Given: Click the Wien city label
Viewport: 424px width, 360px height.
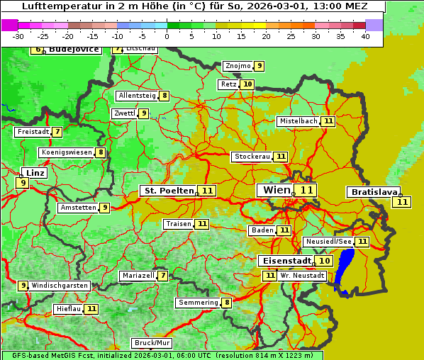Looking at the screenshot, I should pyautogui.click(x=277, y=190).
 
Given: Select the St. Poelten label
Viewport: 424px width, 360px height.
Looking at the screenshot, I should pyautogui.click(x=168, y=191).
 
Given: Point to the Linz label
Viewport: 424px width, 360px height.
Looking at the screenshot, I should pyautogui.click(x=34, y=173).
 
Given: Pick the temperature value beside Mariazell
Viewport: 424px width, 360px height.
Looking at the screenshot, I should pyautogui.click(x=163, y=276).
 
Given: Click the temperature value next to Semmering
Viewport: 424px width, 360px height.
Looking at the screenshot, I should pyautogui.click(x=227, y=303).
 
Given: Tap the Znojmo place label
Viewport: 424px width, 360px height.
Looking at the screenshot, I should pyautogui.click(x=238, y=66).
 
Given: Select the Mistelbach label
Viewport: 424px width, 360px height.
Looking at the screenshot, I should pyautogui.click(x=298, y=121).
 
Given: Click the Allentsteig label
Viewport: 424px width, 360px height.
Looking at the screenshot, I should pyautogui.click(x=137, y=96).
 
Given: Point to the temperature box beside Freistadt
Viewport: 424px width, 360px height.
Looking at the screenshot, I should pyautogui.click(x=57, y=132).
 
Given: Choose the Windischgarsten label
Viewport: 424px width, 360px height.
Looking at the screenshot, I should pyautogui.click(x=60, y=286).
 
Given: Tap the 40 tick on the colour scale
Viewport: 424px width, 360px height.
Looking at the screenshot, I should pyautogui.click(x=365, y=36).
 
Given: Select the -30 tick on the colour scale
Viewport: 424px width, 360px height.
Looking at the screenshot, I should pyautogui.click(x=18, y=36).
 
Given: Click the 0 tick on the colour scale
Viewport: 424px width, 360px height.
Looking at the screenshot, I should pyautogui.click(x=167, y=36).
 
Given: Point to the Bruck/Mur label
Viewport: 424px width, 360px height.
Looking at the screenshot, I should pyautogui.click(x=152, y=343).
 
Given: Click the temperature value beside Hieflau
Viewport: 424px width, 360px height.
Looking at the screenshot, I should pyautogui.click(x=92, y=309).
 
